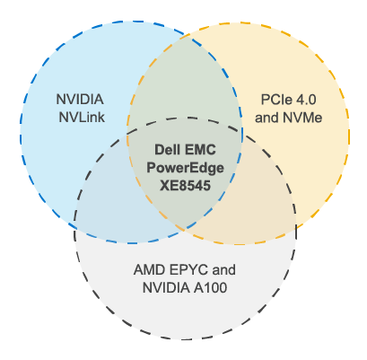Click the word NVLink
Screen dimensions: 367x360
tap(82, 117)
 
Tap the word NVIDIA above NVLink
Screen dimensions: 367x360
tap(80, 100)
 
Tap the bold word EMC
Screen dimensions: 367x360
tap(201, 149)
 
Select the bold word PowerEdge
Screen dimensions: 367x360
tap(185, 168)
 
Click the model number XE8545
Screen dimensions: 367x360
tap(185, 186)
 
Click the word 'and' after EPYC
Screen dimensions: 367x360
tap(223, 269)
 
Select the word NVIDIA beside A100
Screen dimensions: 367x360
tap(166, 287)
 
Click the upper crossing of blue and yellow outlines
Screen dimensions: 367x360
tap(185, 36)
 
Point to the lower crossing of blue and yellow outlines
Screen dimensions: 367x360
tap(185, 230)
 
